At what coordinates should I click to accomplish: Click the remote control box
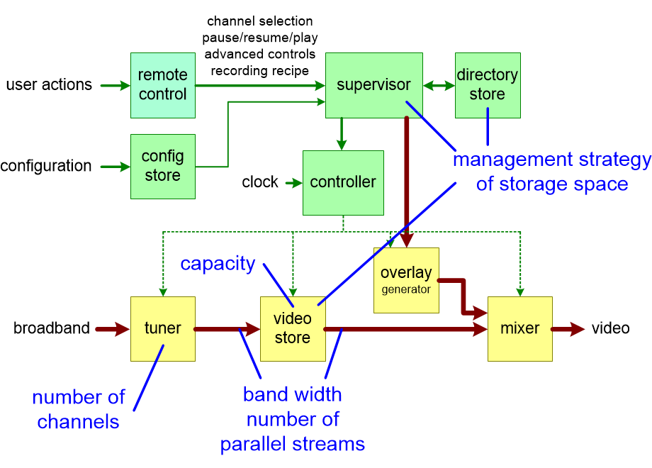tap(162, 85)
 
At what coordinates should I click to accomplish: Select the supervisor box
tap(373, 85)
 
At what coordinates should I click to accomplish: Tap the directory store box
tap(488, 85)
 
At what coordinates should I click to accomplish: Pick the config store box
tap(162, 166)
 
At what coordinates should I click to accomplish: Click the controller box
tap(343, 182)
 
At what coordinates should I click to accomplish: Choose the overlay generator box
tap(406, 280)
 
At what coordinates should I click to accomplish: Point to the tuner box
tap(162, 329)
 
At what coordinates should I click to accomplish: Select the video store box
tap(293, 329)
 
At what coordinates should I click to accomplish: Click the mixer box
tap(520, 329)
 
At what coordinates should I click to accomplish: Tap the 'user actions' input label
tap(49, 85)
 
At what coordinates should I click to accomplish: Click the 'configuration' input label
tap(46, 166)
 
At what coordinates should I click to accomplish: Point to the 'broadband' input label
tap(52, 329)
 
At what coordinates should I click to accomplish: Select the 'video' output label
tap(610, 329)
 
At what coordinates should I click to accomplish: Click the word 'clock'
tap(260, 182)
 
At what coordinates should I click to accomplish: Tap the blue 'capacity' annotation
tap(218, 264)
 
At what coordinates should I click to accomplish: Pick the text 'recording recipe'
tap(259, 71)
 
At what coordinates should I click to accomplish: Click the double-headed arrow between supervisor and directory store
tap(439, 85)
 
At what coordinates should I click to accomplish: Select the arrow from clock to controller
tap(293, 183)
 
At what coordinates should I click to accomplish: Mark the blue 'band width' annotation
tap(292, 394)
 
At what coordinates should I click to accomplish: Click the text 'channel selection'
tap(259, 21)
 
